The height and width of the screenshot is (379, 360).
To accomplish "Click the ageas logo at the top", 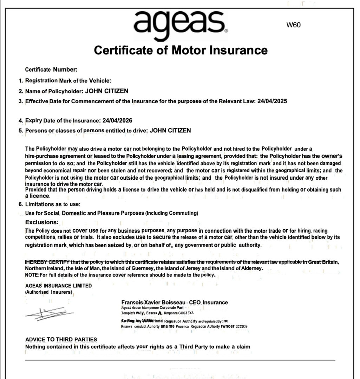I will [180, 22].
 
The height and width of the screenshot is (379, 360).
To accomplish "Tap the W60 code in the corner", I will [294, 25].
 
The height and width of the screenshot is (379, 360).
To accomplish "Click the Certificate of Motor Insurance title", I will [181, 50].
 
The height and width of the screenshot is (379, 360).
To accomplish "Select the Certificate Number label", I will [51, 69].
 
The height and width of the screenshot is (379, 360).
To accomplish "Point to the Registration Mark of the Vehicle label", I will [68, 81].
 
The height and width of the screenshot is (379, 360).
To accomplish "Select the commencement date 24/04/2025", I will [272, 101].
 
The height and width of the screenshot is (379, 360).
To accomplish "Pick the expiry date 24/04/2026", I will [117, 120].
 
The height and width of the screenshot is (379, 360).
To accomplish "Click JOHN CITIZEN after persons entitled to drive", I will [170, 131].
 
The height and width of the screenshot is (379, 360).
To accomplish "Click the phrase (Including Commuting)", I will [172, 213].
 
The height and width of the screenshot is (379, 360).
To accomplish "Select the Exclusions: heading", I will [41, 222].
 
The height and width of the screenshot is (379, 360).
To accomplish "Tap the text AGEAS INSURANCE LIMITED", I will [58, 286].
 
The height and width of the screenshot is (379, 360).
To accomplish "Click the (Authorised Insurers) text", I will [49, 292].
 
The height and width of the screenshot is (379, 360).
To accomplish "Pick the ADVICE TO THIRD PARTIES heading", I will [61, 339].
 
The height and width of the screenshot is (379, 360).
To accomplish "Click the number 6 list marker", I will [21, 204].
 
